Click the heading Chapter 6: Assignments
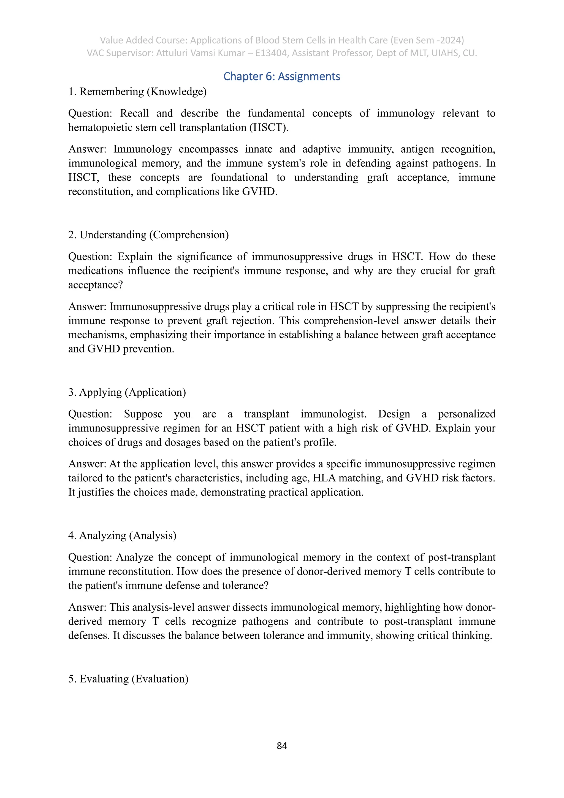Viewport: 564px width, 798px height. click(x=282, y=76)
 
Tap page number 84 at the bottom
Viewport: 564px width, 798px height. click(x=282, y=746)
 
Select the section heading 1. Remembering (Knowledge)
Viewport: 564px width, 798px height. click(x=137, y=92)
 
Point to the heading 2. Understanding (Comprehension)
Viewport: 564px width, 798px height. click(x=148, y=235)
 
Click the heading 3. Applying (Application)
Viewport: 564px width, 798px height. click(x=127, y=392)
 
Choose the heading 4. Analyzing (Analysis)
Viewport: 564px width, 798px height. click(x=122, y=536)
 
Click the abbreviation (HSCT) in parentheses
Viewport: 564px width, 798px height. click(x=269, y=128)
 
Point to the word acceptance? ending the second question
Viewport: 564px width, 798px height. click(x=96, y=285)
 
